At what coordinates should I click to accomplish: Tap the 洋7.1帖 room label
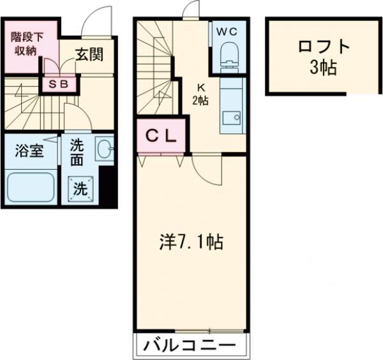click(190, 242)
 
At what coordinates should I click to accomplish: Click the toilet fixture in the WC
click(228, 56)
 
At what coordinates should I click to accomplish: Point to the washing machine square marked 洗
click(80, 188)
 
